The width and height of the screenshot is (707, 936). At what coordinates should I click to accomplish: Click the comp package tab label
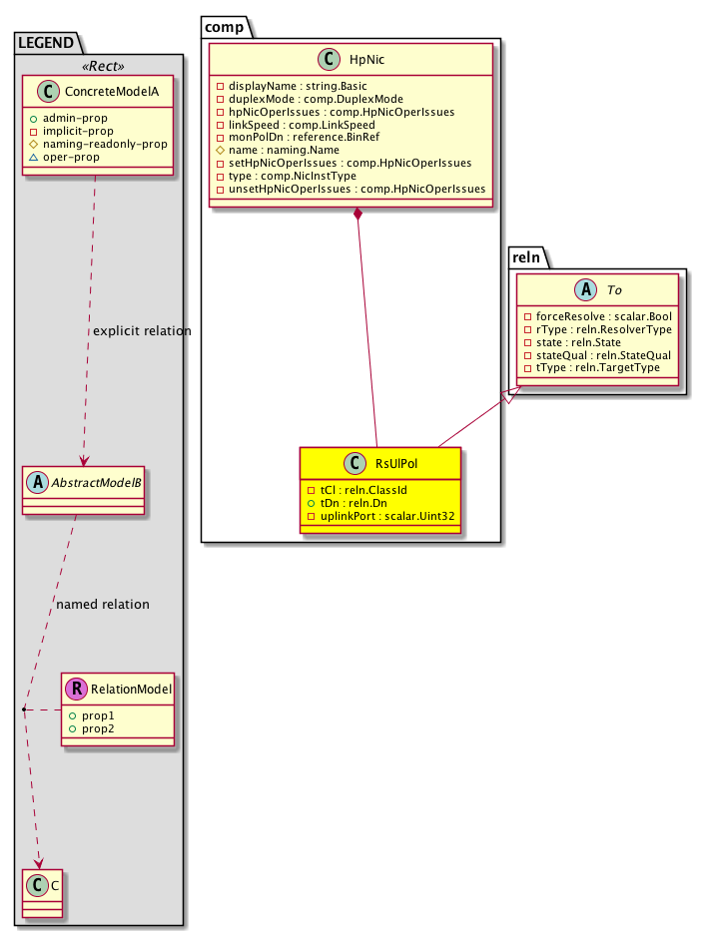(227, 27)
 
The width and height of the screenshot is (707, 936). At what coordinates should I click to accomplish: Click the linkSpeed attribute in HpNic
(297, 125)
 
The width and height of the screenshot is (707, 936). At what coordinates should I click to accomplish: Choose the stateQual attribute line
(598, 355)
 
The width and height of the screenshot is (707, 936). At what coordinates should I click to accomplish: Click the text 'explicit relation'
(141, 330)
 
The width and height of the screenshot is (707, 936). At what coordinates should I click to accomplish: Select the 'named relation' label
(103, 604)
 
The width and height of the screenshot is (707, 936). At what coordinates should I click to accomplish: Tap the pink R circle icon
(76, 688)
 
